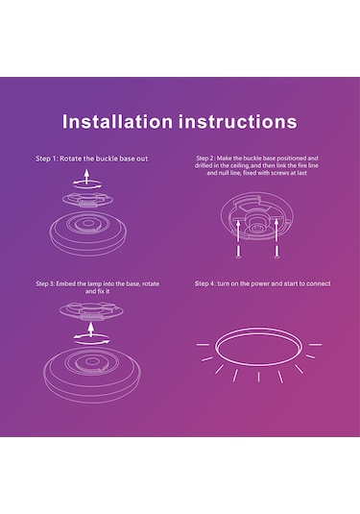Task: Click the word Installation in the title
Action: (x=117, y=121)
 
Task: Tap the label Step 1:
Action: (x=47, y=159)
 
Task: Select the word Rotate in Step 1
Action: (x=70, y=159)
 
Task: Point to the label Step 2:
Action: (x=205, y=158)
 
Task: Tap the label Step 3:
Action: (x=45, y=283)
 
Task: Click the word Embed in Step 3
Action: (x=64, y=283)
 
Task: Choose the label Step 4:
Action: (x=205, y=283)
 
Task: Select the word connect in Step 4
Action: (x=319, y=283)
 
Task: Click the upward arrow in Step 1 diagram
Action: (x=86, y=177)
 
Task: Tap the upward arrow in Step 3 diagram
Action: (x=91, y=330)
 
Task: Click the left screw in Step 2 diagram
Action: (x=238, y=251)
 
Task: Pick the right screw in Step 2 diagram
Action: (x=276, y=251)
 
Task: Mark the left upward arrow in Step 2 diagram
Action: (x=238, y=232)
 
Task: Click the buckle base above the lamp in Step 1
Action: (x=87, y=200)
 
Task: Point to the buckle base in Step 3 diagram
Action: (x=91, y=310)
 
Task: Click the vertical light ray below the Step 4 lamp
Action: (x=258, y=377)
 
